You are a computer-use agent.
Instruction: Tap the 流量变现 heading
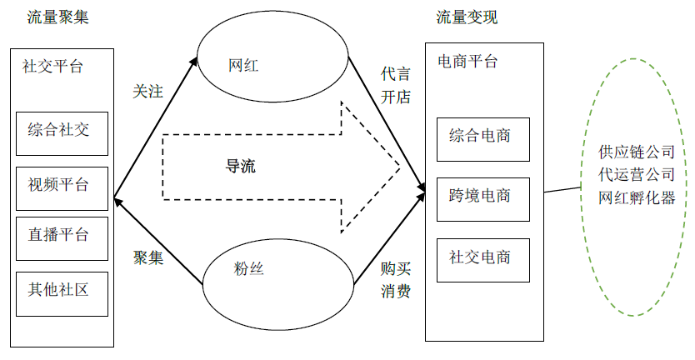click(467, 17)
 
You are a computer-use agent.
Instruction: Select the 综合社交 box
click(62, 132)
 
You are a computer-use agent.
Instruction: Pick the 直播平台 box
click(62, 237)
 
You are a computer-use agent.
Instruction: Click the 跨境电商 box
click(483, 197)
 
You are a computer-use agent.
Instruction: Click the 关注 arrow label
click(148, 91)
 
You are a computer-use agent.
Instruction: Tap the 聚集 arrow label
click(148, 257)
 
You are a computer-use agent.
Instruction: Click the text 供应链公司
click(636, 153)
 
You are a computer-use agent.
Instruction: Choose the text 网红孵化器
click(636, 199)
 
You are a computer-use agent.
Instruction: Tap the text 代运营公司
click(636, 176)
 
